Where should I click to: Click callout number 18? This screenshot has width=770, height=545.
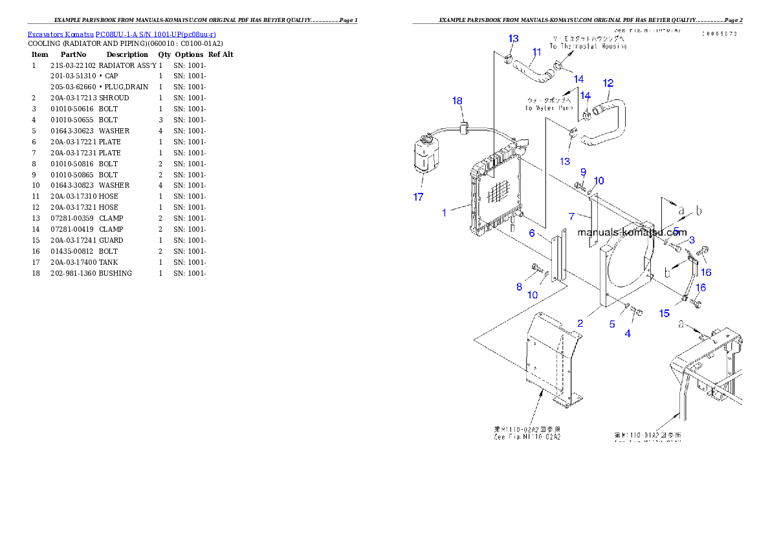click(457, 100)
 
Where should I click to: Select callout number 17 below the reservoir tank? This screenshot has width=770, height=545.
click(419, 197)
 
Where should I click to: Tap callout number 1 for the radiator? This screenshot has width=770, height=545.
click(445, 212)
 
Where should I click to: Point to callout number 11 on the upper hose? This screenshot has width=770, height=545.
click(536, 52)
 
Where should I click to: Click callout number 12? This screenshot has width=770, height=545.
click(608, 83)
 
